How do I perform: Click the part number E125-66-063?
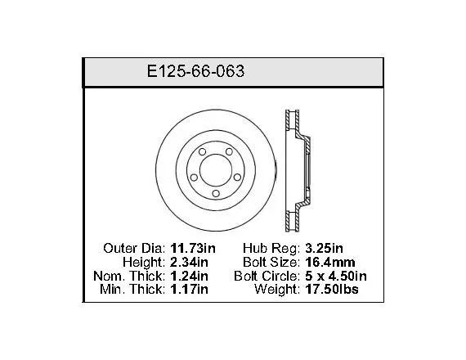(x=196, y=71)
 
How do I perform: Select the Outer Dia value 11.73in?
(x=193, y=248)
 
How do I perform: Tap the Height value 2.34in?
(x=189, y=262)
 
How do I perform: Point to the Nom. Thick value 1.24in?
(x=189, y=276)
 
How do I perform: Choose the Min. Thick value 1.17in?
(x=189, y=289)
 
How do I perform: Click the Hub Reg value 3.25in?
(x=324, y=248)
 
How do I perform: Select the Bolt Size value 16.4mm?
(x=330, y=262)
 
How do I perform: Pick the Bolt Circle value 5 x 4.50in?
(x=336, y=276)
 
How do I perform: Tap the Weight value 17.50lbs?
(x=332, y=289)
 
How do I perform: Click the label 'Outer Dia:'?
(x=134, y=248)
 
